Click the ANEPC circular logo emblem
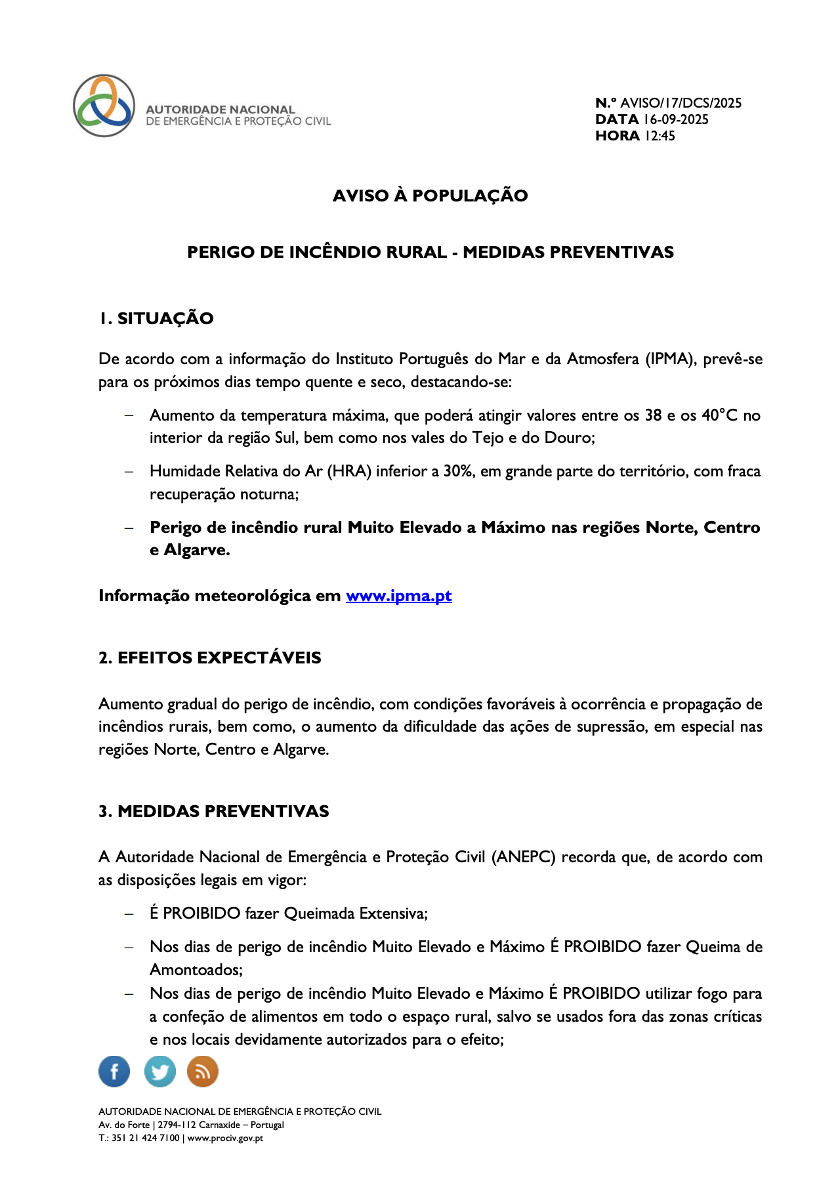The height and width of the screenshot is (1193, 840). (104, 106)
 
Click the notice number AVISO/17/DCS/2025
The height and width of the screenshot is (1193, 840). (681, 103)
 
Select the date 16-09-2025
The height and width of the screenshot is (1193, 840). (675, 119)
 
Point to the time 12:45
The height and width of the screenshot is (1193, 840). (660, 136)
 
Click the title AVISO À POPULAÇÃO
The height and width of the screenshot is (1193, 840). (430, 196)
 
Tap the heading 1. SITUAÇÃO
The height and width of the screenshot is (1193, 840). (156, 318)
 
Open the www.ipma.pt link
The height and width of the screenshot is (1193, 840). (398, 596)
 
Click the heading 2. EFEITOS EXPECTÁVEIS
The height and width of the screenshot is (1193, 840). (209, 658)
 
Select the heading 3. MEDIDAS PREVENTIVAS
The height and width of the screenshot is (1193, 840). (213, 811)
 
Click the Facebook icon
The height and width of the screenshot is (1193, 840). (114, 1072)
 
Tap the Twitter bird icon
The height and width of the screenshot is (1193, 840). (159, 1072)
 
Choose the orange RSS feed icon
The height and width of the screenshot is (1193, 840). (203, 1072)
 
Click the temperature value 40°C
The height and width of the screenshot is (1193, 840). (720, 415)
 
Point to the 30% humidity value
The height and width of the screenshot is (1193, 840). (459, 471)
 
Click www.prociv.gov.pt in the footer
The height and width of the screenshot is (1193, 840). (225, 1138)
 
